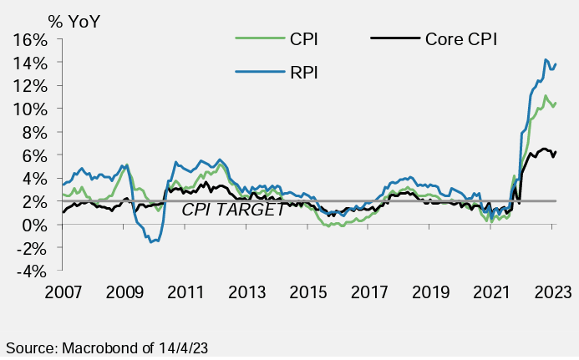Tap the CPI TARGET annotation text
coord(233,210)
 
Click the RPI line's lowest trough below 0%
coord(150,241)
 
